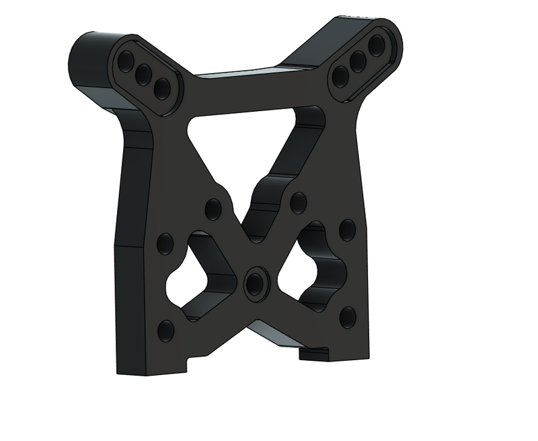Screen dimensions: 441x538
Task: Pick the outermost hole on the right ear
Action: pos(377,45)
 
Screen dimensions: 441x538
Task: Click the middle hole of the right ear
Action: pos(358,60)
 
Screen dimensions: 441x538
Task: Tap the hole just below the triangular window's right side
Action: pos(298,201)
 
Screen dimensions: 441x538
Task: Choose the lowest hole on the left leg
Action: pos(165,330)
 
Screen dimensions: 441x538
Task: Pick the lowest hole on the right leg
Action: pos(347,316)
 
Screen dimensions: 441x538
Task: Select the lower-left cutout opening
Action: pos(195,276)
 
